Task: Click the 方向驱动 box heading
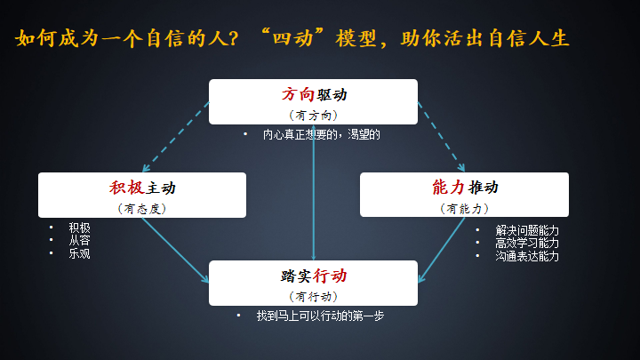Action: (x=314, y=95)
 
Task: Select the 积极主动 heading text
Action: (x=142, y=188)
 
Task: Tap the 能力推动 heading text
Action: (x=465, y=188)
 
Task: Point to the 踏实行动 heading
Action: (x=314, y=276)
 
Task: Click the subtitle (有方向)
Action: (x=314, y=116)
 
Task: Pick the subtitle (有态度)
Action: (x=142, y=209)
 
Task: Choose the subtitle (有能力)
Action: (x=465, y=209)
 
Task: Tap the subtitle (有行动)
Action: (x=314, y=297)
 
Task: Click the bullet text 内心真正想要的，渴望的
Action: (x=321, y=135)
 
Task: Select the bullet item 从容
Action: (x=79, y=240)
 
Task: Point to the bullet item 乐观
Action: (x=79, y=253)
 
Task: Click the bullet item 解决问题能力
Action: (x=527, y=230)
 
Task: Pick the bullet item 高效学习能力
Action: (x=527, y=244)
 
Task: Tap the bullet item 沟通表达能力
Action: (x=527, y=256)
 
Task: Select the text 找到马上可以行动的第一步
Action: (x=320, y=316)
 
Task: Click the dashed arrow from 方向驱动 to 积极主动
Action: (x=176, y=137)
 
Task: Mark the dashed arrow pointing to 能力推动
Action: (x=441, y=137)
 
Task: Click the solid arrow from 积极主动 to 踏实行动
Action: (x=175, y=250)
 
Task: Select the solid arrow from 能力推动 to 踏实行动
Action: (x=442, y=250)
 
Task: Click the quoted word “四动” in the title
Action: (x=292, y=38)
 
